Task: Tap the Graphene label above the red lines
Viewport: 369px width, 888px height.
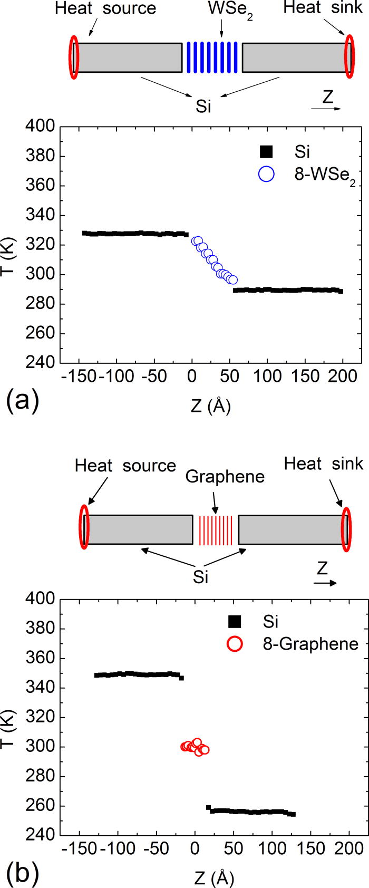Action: pyautogui.click(x=225, y=476)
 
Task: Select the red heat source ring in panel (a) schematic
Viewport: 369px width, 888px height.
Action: pyautogui.click(x=74, y=56)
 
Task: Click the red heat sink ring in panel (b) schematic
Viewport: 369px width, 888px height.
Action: pyautogui.click(x=346, y=529)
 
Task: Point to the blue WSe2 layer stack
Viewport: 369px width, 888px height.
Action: pyautogui.click(x=212, y=57)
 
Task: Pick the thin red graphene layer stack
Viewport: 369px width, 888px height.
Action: pyautogui.click(x=216, y=530)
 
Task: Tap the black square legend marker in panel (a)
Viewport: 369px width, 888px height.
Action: pyautogui.click(x=267, y=152)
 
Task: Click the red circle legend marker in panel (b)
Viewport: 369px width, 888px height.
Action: pyautogui.click(x=235, y=644)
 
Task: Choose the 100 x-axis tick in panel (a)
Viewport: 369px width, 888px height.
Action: pyautogui.click(x=267, y=376)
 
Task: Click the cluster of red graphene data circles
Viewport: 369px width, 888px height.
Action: pyautogui.click(x=195, y=747)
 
